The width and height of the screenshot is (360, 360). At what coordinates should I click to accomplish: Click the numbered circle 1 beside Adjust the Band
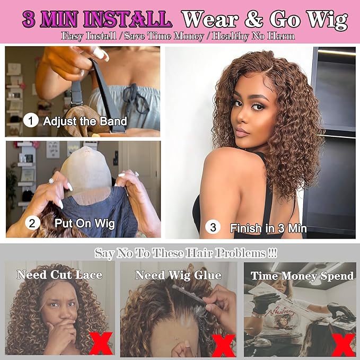tap(32, 121)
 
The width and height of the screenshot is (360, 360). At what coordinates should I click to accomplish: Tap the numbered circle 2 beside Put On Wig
tap(32, 223)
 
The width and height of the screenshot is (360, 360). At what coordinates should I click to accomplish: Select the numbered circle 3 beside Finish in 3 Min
tap(213, 228)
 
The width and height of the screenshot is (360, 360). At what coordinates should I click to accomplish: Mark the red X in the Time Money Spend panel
tap(346, 343)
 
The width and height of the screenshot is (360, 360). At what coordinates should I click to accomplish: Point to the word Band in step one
tap(112, 121)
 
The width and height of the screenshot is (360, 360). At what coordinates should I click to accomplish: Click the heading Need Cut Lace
tap(58, 275)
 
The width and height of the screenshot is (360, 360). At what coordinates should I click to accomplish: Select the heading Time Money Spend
tap(302, 276)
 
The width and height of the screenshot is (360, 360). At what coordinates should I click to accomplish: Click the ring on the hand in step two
tap(51, 181)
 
